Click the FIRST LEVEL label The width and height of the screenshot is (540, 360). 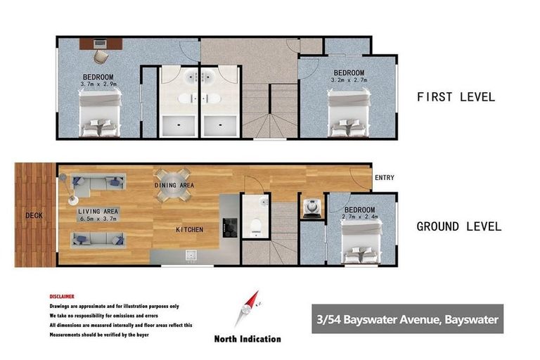point(456,97)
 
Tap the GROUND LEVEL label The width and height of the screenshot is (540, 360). point(458,226)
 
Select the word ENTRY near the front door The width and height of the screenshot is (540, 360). point(385,178)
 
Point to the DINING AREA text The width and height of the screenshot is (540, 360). point(174,185)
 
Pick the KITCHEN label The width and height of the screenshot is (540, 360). point(189,230)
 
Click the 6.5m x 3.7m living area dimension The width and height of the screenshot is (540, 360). point(98,219)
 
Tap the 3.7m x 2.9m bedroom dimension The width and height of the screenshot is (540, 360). point(98,85)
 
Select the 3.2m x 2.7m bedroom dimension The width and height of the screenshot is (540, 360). point(349,81)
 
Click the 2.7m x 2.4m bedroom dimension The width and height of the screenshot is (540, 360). point(359,218)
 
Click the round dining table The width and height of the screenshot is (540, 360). point(173,185)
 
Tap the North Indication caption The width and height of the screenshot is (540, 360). point(247,339)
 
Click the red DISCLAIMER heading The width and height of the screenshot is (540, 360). point(62,297)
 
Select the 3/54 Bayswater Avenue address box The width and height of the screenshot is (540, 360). point(407,320)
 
